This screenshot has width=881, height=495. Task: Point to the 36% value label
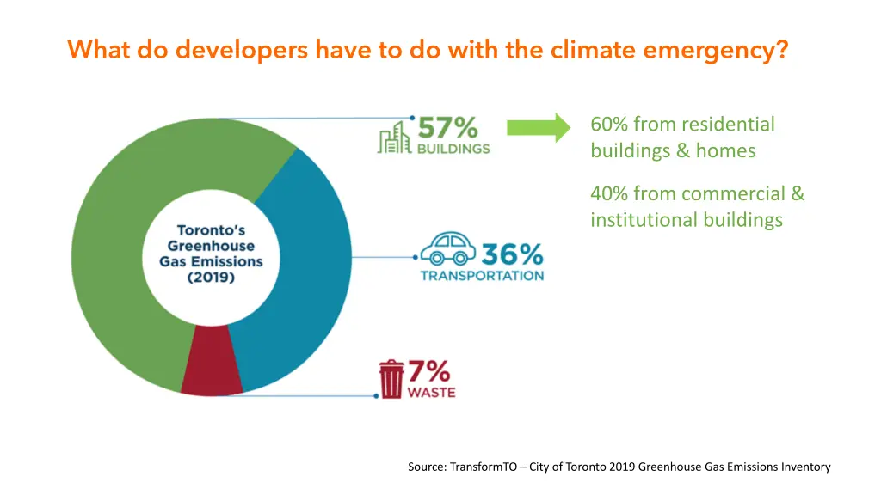(512, 254)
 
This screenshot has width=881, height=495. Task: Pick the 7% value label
(428, 371)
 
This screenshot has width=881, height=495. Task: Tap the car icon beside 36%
(447, 249)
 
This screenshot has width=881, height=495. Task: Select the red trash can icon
(391, 380)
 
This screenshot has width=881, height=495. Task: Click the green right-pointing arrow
(539, 127)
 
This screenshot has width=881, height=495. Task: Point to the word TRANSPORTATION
(482, 276)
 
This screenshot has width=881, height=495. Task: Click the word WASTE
(431, 393)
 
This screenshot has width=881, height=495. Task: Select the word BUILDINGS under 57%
(453, 148)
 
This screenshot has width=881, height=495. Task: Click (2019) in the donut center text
(211, 278)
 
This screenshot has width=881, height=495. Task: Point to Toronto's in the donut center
(211, 230)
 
